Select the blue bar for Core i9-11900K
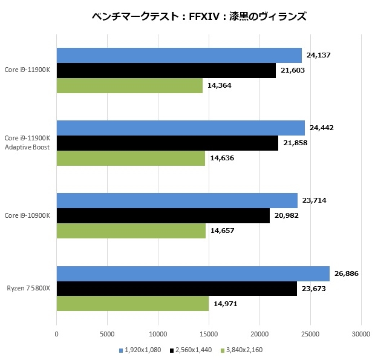click(179, 56)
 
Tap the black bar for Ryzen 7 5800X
click(177, 289)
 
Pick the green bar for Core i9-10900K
click(131, 231)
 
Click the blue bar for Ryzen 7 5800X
click(193, 273)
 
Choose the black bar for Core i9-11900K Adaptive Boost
click(167, 143)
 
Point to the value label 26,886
click(347, 273)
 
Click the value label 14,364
click(220, 85)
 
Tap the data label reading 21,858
click(295, 143)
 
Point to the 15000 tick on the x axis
click(209, 333)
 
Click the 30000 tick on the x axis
click(361, 333)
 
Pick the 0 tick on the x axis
click(57, 333)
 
